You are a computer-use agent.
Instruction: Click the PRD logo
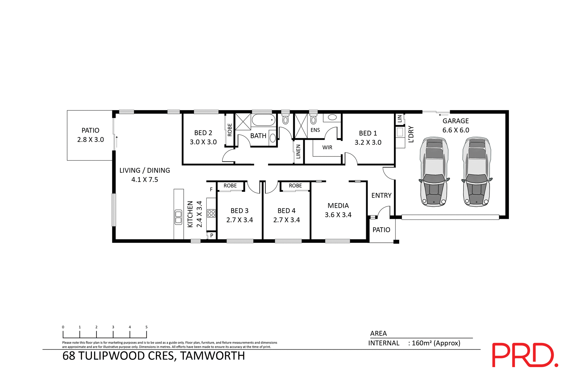click(525, 355)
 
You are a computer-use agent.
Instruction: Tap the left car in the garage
click(434, 172)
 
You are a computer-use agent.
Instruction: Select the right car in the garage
click(477, 172)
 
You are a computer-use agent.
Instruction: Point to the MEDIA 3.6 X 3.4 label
click(338, 210)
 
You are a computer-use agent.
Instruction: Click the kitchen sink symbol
click(179, 217)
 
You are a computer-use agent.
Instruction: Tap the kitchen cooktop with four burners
click(211, 213)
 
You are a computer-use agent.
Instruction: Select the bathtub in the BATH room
click(263, 120)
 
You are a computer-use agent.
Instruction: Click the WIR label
click(327, 147)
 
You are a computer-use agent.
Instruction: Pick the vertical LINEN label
click(298, 151)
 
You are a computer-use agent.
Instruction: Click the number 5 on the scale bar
click(146, 327)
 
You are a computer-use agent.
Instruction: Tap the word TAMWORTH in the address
click(212, 356)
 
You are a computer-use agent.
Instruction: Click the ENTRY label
click(381, 196)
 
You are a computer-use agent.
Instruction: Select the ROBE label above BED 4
click(295, 186)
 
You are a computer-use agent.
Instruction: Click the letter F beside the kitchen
click(211, 189)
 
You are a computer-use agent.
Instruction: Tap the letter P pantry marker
click(212, 235)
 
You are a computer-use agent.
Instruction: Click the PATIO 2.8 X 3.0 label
click(90, 135)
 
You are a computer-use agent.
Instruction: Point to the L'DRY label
click(411, 134)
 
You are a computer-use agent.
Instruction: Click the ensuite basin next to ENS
click(332, 117)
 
